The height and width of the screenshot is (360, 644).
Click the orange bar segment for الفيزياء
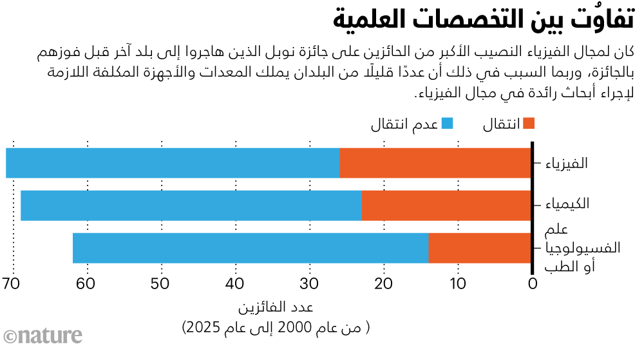[435, 163]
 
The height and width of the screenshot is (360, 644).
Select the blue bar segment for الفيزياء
[173, 163]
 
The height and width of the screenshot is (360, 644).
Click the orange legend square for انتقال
[529, 122]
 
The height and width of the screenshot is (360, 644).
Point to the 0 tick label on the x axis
[533, 284]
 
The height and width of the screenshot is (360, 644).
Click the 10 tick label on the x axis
[458, 284]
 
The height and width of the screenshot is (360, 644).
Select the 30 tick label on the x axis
[310, 284]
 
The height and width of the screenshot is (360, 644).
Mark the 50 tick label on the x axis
[162, 284]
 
